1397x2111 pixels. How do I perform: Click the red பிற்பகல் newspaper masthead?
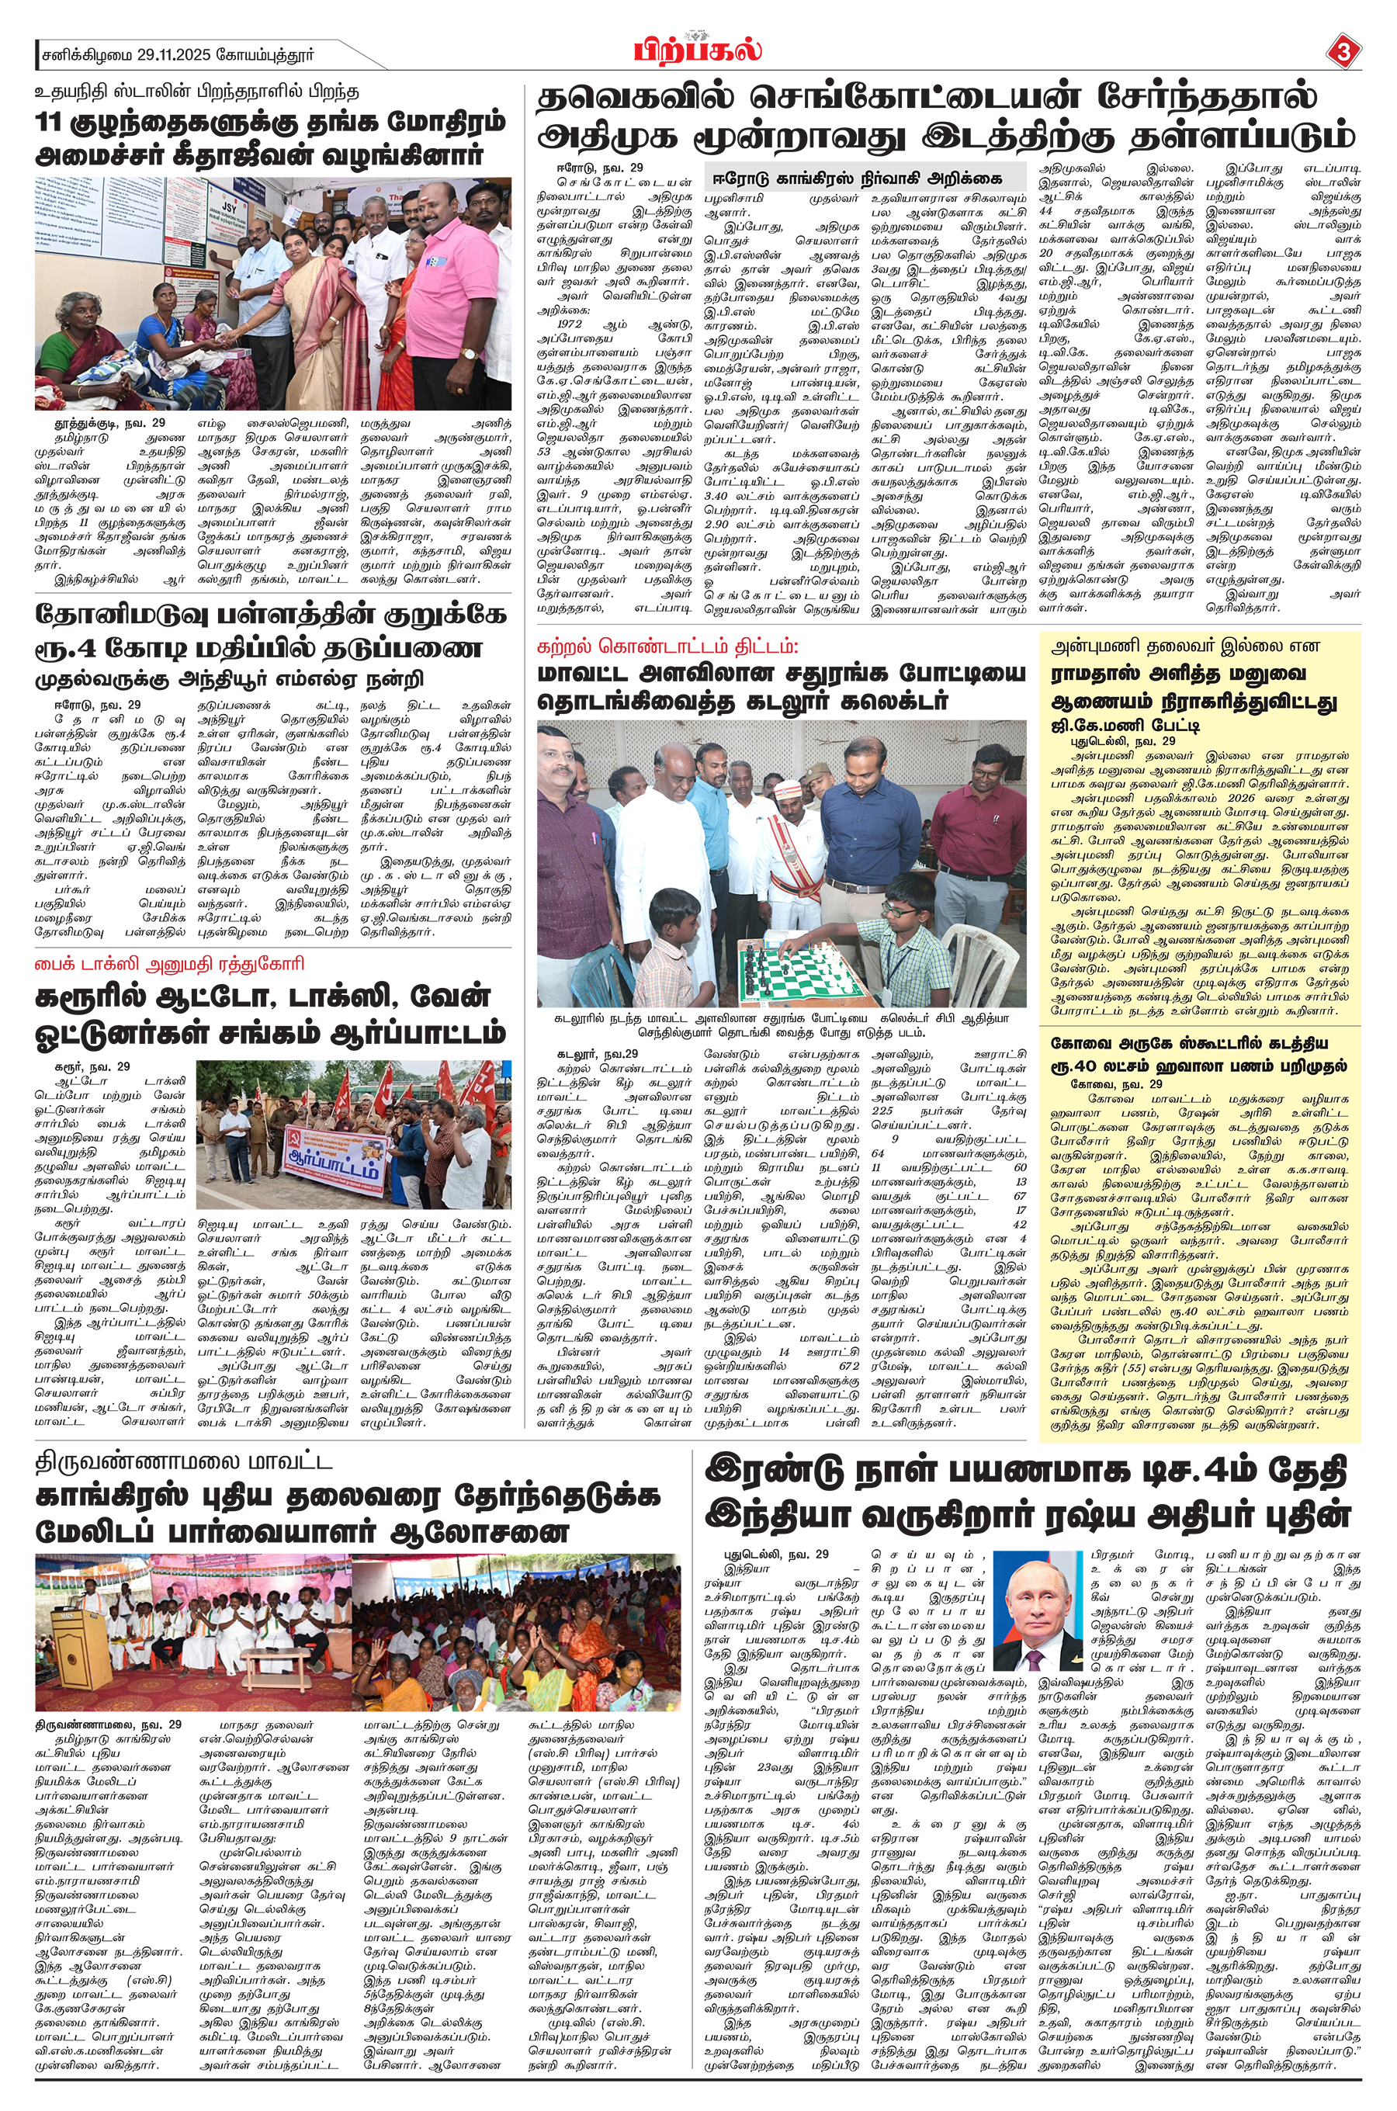[x=698, y=49]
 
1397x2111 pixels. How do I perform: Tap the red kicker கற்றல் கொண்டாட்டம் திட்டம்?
[x=668, y=645]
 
